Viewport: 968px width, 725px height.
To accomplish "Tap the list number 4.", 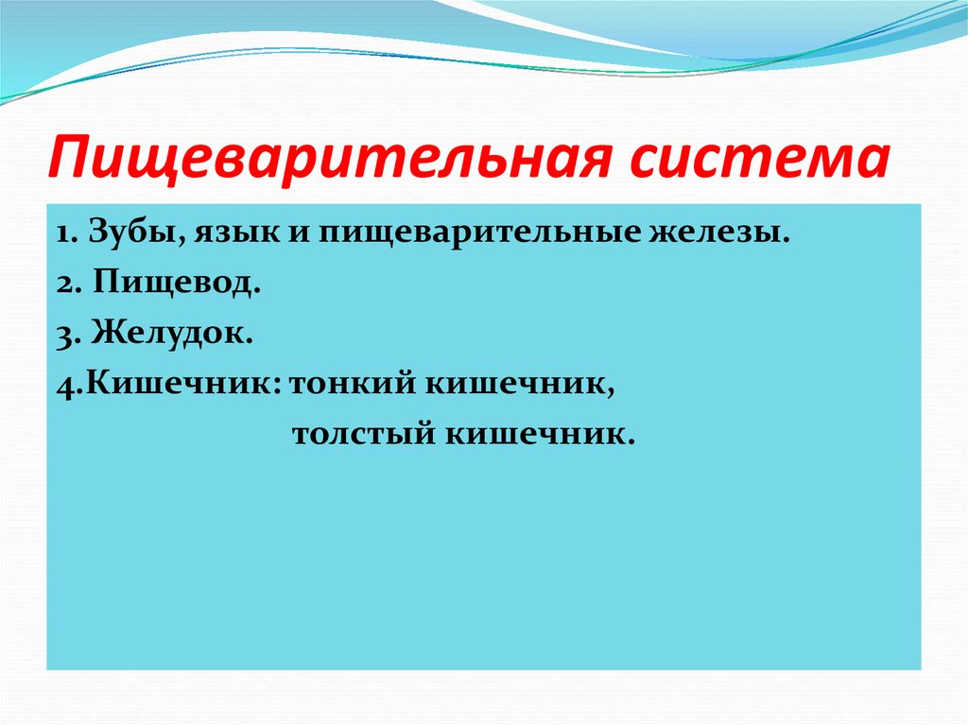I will coord(61,386).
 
